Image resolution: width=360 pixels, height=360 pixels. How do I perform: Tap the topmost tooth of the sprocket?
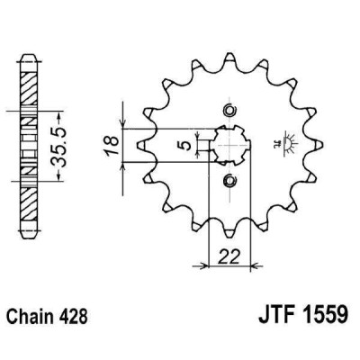click(x=229, y=52)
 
